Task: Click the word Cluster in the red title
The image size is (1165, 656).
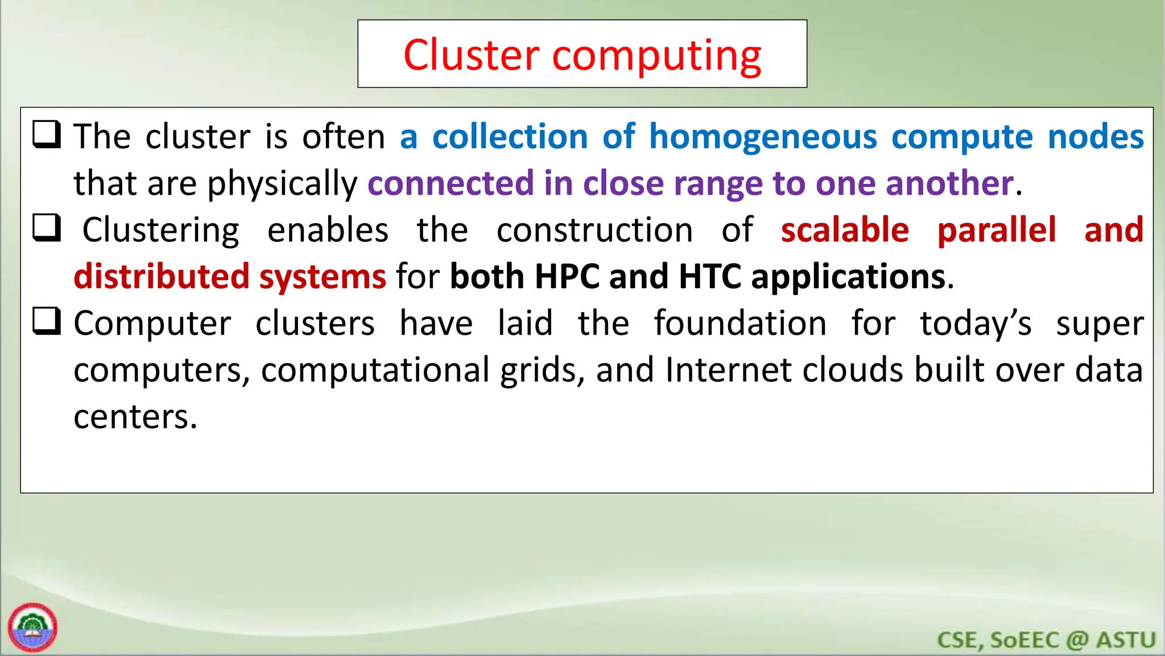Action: [x=471, y=55]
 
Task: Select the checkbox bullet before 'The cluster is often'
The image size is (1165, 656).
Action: [x=47, y=135]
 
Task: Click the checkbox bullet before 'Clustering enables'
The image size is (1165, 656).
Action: [x=47, y=228]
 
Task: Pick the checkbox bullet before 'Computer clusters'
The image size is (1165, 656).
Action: [x=47, y=322]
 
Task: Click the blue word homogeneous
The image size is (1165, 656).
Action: [x=763, y=137]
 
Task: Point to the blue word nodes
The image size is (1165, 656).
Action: [x=1095, y=137]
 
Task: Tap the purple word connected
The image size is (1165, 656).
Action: [x=451, y=183]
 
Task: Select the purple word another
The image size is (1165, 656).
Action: [x=949, y=183]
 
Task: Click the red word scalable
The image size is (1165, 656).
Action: [x=845, y=230]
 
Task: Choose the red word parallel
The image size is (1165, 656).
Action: [x=997, y=230]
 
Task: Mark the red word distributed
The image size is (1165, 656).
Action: [x=162, y=277]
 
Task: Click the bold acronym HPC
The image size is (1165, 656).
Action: [x=567, y=277]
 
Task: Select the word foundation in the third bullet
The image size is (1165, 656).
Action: [x=740, y=323]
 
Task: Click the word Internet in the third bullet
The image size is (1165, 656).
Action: [x=728, y=370]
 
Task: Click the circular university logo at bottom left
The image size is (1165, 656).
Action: [x=33, y=627]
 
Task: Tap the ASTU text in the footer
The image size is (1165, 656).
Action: [x=1126, y=640]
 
